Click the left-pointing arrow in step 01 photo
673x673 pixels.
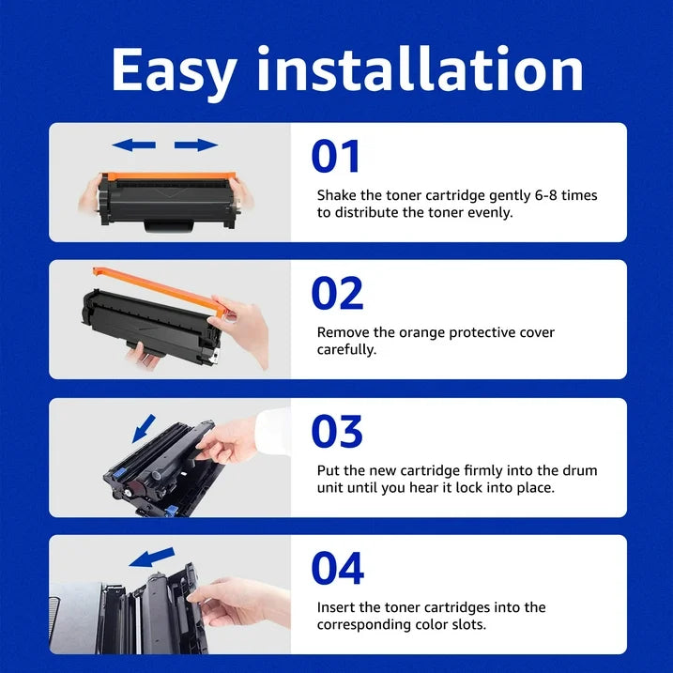click(133, 145)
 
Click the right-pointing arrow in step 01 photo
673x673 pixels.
click(196, 145)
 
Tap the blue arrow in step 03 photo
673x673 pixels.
click(142, 429)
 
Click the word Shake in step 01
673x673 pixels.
click(336, 195)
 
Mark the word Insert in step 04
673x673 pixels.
click(336, 607)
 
